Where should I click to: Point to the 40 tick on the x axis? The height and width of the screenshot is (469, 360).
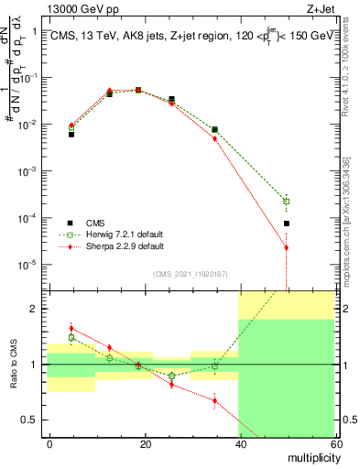pos(240,443)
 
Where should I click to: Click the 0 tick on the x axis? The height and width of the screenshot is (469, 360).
pos(50,443)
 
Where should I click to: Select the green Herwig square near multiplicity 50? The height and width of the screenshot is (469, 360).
pos(287,202)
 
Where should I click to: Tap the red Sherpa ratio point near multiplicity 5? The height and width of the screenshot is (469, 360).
pos(71,328)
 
